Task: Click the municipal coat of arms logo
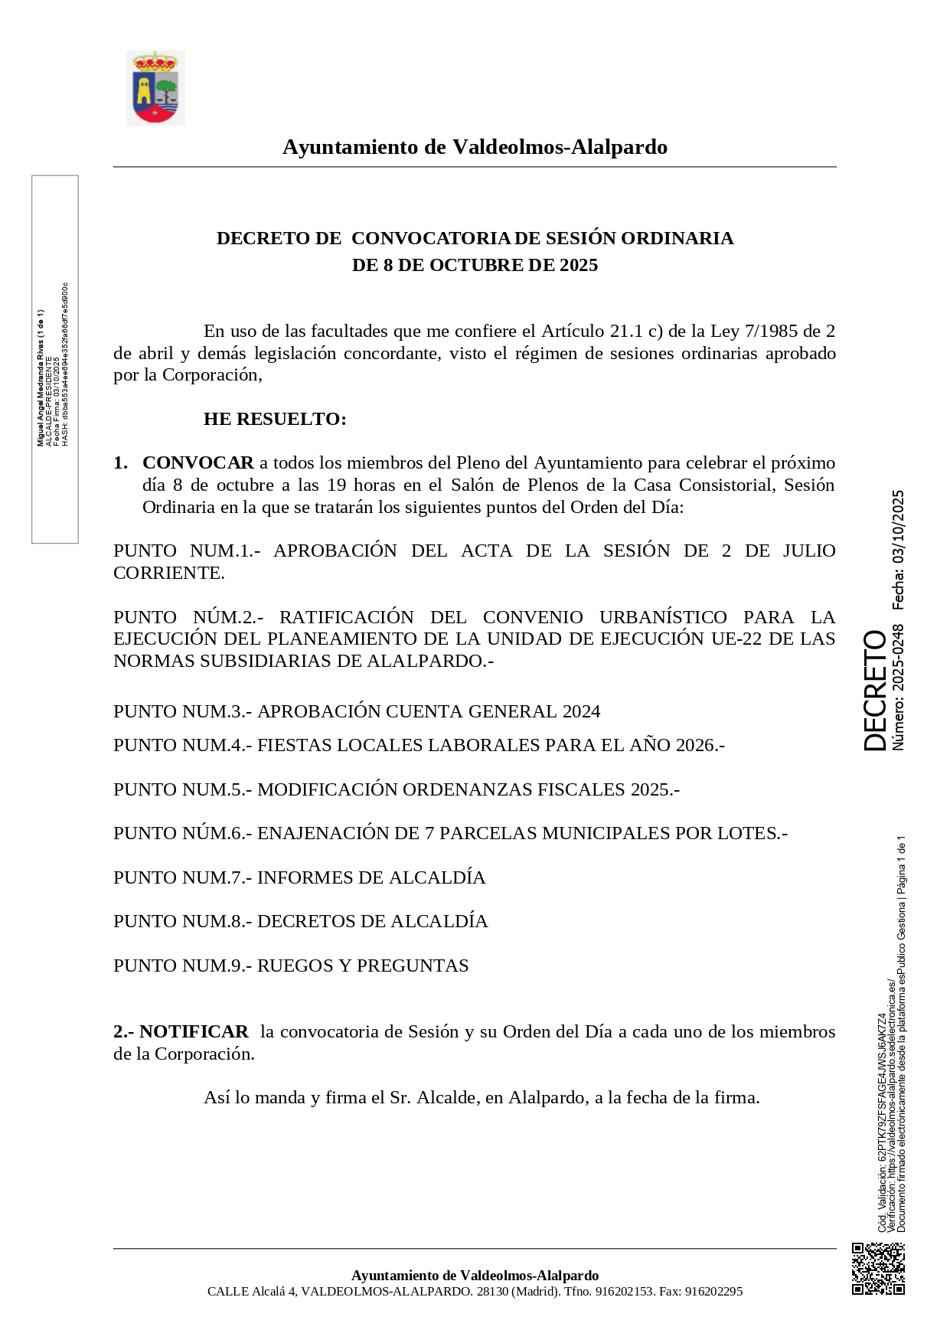click(x=155, y=88)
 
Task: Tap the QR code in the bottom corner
click(x=878, y=1269)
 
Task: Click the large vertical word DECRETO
click(x=875, y=690)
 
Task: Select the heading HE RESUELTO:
click(x=275, y=419)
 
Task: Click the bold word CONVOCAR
click(x=198, y=462)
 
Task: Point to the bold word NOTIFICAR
click(x=194, y=1031)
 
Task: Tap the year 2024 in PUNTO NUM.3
click(x=581, y=711)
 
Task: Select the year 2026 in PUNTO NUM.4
click(x=694, y=745)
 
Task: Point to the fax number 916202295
click(x=713, y=1291)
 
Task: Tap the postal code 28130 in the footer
click(x=491, y=1291)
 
